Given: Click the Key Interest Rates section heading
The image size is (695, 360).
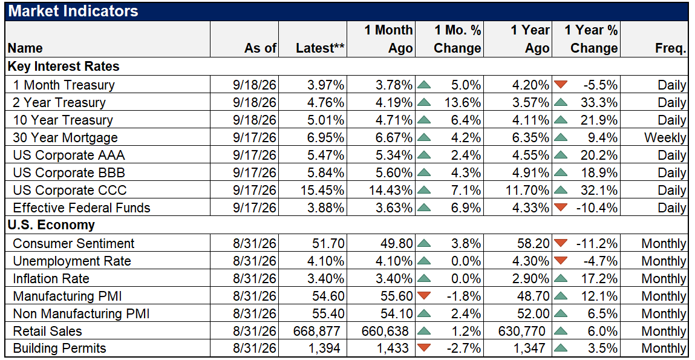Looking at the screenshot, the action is [64, 67].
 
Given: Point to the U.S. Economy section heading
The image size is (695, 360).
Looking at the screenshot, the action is [51, 225].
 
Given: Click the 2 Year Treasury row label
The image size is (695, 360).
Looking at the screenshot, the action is [59, 102].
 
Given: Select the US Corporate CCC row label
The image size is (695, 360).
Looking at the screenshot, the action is [70, 190].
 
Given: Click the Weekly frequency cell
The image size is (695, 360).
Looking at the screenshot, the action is [665, 137].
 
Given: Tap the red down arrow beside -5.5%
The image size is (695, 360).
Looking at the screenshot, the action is [561, 84].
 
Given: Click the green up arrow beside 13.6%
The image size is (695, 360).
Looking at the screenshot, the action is [424, 102].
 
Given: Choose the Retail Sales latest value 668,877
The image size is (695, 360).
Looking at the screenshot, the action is [317, 331].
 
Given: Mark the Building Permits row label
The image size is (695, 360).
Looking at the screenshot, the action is [59, 349].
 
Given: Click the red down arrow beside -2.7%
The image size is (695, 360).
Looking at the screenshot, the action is [424, 348].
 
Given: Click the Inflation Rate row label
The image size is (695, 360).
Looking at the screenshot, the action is [51, 278].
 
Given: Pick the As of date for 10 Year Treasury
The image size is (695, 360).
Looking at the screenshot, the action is [255, 120].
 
